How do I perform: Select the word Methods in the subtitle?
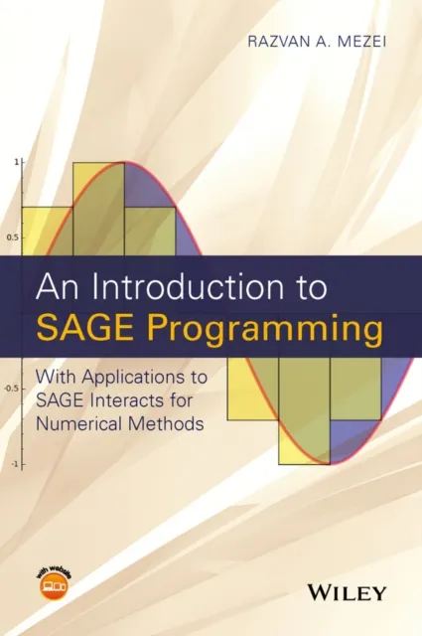point(172,421)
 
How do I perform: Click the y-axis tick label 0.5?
point(13,238)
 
